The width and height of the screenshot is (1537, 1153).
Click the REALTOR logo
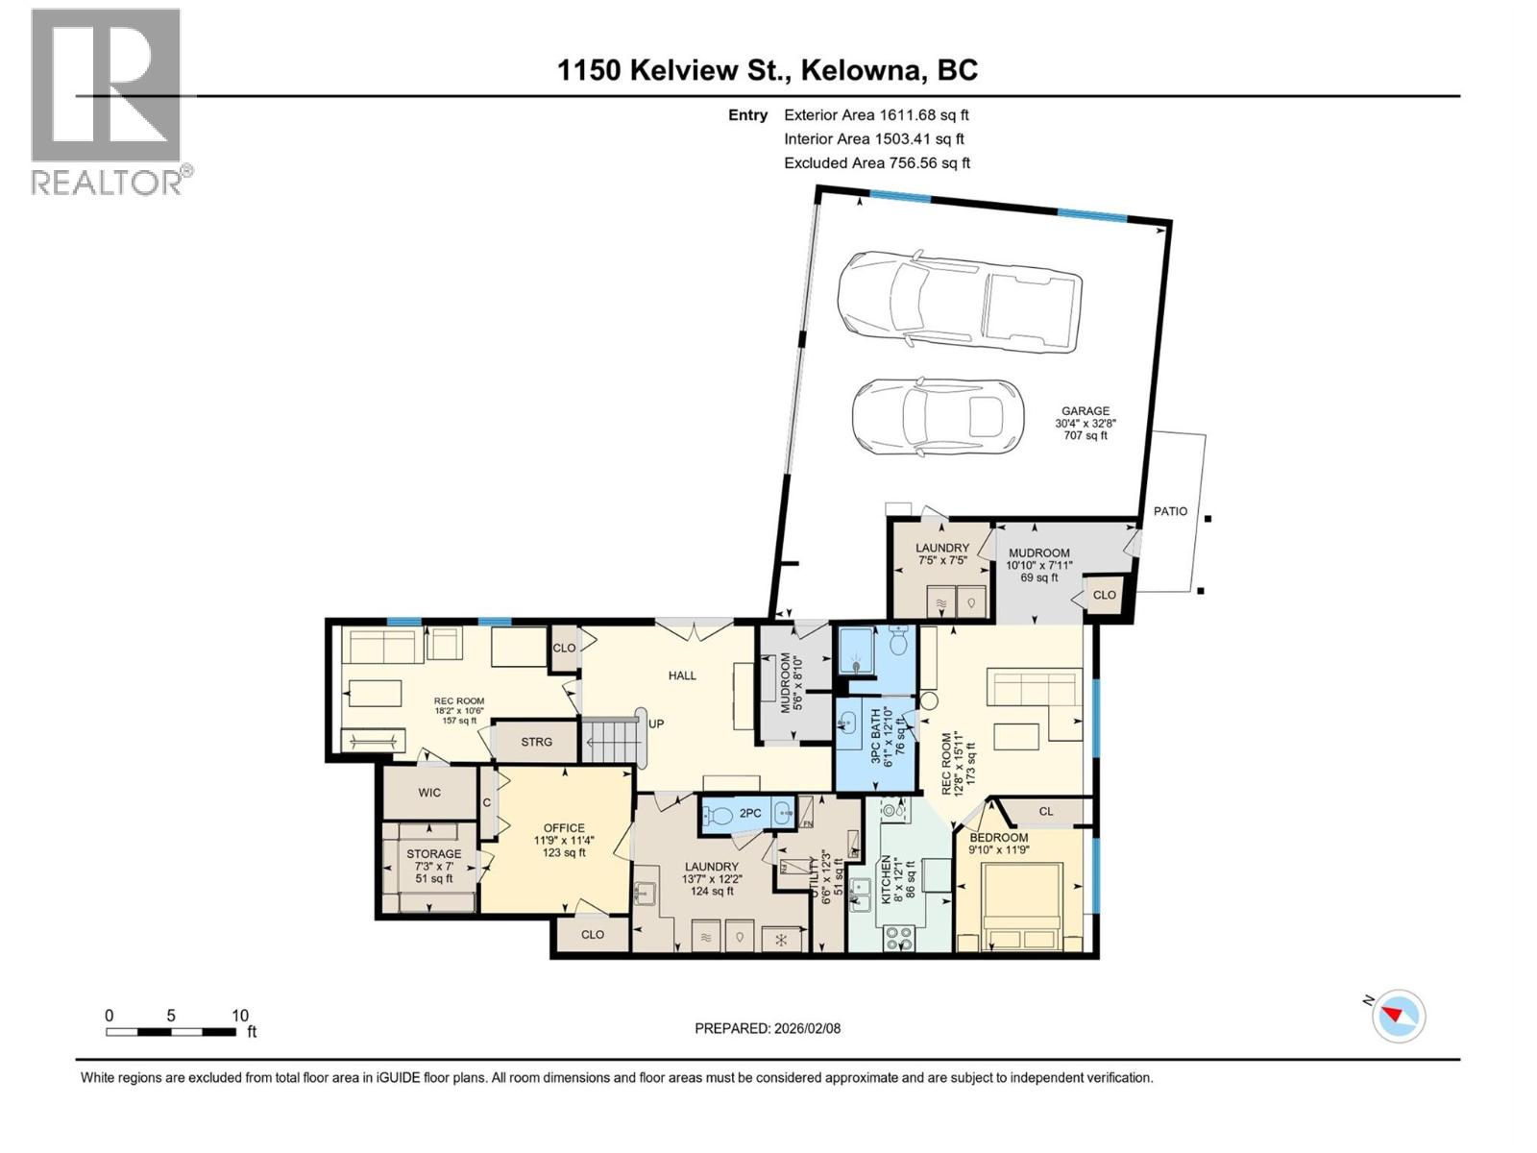pos(110,102)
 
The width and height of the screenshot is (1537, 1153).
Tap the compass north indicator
pos(1397,1015)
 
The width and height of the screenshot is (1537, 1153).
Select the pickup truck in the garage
pos(960,300)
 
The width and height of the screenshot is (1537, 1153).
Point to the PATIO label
pos(1170,511)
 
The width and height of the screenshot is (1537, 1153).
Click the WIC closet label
pos(429,793)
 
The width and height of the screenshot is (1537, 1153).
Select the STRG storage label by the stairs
pos(536,742)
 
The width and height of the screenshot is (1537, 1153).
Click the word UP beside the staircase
pos(656,724)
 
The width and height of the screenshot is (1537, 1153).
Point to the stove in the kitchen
pos(899,939)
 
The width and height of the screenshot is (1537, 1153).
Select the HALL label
pos(682,675)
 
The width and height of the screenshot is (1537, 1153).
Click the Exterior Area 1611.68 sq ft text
pos(876,114)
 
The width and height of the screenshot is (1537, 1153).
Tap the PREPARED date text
pos(768,1028)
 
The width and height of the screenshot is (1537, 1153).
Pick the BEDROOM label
pos(998,838)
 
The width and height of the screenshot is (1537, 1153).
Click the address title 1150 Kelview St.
pos(671,70)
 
